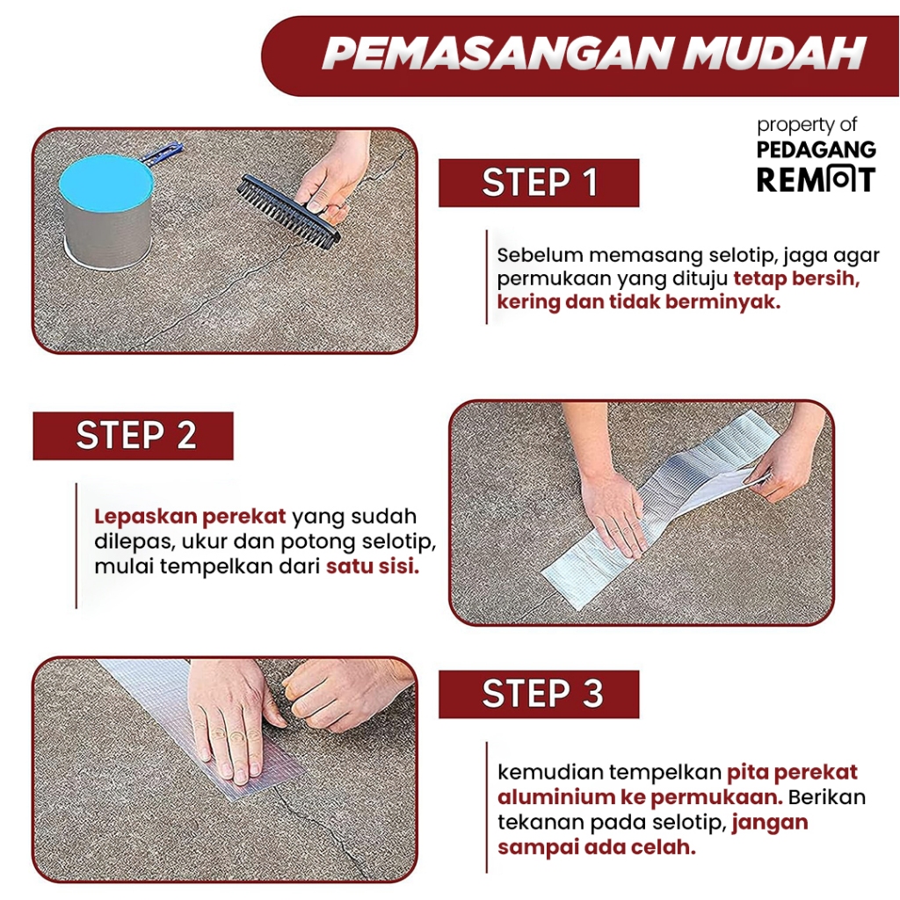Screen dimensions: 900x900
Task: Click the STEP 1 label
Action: (539, 183)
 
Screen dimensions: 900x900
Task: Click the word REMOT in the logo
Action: (816, 179)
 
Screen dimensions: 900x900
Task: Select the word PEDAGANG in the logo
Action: (816, 149)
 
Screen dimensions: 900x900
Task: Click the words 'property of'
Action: (807, 125)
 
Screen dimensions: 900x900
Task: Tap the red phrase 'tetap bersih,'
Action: (796, 279)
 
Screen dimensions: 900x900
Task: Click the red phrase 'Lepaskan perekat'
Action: (190, 517)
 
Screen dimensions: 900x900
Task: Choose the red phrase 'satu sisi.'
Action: (373, 567)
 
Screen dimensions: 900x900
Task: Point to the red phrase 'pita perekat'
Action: (792, 773)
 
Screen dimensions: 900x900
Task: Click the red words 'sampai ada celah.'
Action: (597, 847)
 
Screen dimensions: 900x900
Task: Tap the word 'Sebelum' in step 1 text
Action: (540, 255)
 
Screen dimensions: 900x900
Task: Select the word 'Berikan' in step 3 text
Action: (826, 797)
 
